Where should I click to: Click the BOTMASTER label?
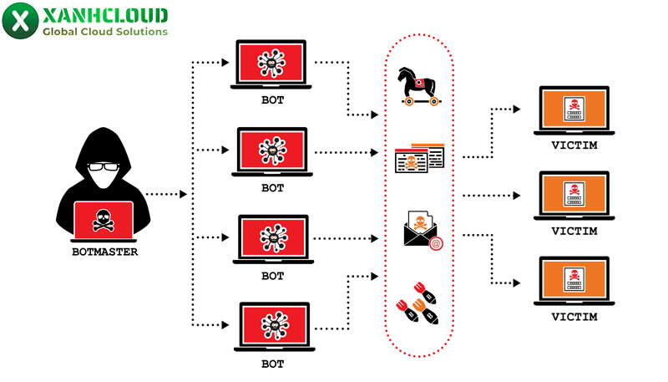(104, 251)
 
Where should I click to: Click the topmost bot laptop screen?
(272, 61)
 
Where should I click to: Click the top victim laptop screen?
(572, 109)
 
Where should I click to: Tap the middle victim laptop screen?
(572, 195)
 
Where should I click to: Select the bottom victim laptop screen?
(572, 281)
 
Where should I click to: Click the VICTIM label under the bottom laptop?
(574, 317)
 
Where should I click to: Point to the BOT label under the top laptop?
(272, 100)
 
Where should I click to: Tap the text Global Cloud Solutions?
(104, 32)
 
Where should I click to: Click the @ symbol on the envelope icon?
(435, 243)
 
